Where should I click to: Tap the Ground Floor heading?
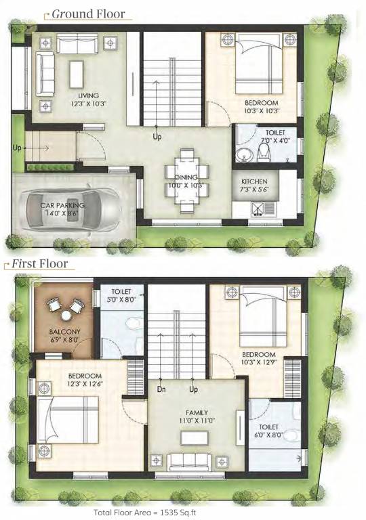coord(84,14)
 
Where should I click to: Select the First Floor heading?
coord(41,263)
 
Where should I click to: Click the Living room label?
coord(88,95)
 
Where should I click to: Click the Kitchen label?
coord(255,181)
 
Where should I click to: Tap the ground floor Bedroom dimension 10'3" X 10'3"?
coord(262,110)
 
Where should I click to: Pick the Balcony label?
coord(65,331)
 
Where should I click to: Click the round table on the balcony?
coord(66,314)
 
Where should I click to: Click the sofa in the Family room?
coord(189,462)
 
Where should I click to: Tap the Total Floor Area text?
coord(182,513)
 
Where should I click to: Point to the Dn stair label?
coord(161,390)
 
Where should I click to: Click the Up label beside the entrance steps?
coord(18,147)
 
